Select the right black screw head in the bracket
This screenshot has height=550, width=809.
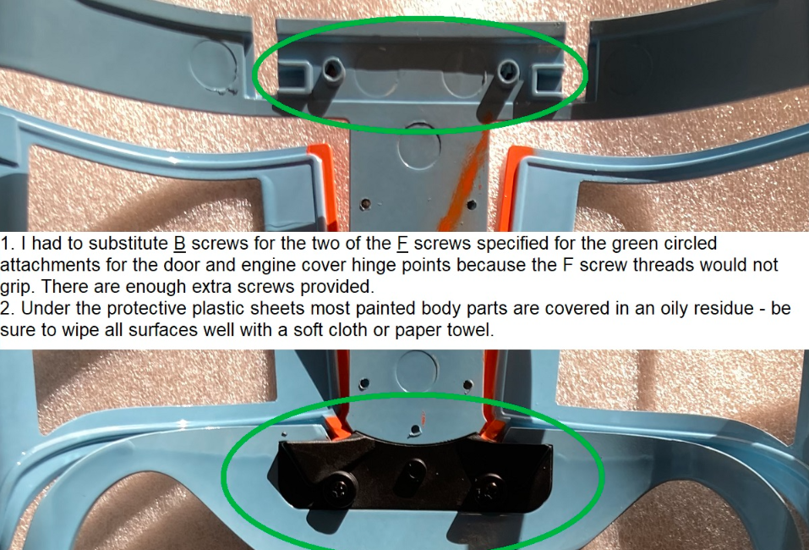click(487, 491)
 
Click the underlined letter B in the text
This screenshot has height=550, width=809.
click(179, 243)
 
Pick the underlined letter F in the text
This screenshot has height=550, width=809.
click(402, 243)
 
